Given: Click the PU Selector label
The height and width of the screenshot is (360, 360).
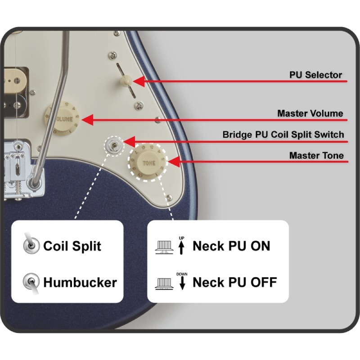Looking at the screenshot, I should pos(315,75).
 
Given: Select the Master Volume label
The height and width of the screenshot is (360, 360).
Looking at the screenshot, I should pos(310,113).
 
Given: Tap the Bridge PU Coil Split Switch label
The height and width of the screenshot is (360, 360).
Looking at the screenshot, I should pos(283,135).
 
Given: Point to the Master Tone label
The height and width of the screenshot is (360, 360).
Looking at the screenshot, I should pos(316,156).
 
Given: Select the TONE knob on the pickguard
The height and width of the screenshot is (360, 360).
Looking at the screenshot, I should pos(148,162).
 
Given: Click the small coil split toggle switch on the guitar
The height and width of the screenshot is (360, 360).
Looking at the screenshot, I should pos(113,145).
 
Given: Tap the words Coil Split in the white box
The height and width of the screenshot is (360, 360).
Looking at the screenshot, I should pos(72,246).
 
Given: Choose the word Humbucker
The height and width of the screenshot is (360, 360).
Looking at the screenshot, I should pos(80,283).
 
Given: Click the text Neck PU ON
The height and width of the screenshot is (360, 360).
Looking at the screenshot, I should pos(231,246).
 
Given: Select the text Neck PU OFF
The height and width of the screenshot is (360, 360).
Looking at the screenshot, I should pos(234,283).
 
